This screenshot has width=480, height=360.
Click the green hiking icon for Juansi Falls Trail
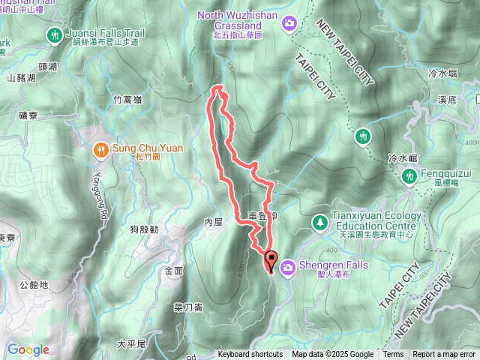pos(54,34)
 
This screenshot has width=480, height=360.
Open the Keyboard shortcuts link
pos(250,355)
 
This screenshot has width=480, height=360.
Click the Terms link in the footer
pos(393,355)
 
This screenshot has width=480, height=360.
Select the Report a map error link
pos(444,355)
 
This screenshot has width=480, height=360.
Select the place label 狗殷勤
pos(143,229)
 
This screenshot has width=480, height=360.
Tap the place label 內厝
pos(214,223)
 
